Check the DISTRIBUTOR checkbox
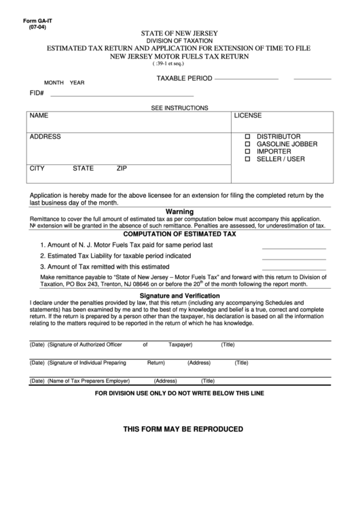[248, 137]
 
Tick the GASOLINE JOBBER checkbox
[248, 144]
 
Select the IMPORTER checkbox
[248, 152]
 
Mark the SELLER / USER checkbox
[248, 159]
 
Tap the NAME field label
[39, 116]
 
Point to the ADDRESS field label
[45, 137]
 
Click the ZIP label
[122, 167]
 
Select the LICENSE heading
[248, 116]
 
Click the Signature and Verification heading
[179, 296]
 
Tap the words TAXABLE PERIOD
[185, 79]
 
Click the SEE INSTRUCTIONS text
[179, 107]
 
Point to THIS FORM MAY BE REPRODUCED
[183, 429]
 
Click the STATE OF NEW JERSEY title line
[179, 32]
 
